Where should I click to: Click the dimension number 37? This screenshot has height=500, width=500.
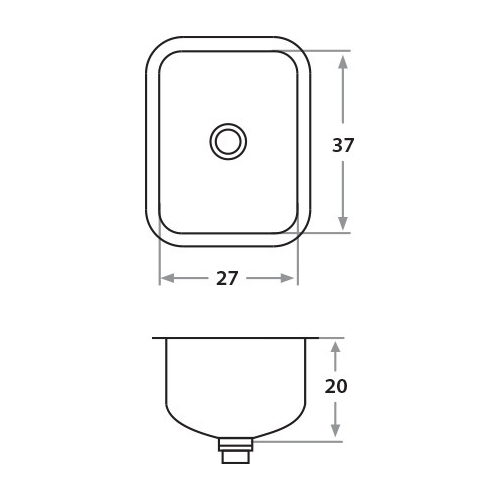click(343, 145)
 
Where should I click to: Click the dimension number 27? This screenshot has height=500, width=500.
click(227, 278)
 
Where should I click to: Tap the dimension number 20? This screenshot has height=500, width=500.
click(336, 386)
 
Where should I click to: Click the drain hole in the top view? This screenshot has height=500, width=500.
click(228, 141)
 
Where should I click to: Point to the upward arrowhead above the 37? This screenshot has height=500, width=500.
click(343, 62)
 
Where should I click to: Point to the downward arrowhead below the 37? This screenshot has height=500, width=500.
click(343, 223)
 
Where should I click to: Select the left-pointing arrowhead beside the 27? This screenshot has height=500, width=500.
click(167, 278)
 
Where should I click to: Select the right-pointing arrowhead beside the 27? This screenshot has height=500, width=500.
click(287, 278)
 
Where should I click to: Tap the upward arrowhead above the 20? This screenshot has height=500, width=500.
click(336, 348)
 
